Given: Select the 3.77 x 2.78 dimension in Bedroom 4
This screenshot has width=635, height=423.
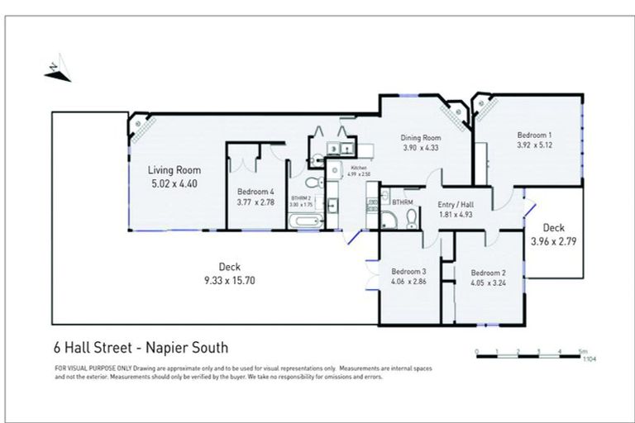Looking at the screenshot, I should pyautogui.click(x=255, y=202).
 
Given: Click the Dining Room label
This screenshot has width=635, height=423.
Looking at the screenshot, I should pyautogui.click(x=422, y=138).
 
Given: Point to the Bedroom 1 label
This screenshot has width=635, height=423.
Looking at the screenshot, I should pyautogui.click(x=534, y=135).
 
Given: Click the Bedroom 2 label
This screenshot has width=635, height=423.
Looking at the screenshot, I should pyautogui.click(x=488, y=273).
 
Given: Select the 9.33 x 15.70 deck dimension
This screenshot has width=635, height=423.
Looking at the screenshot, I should pyautogui.click(x=228, y=279).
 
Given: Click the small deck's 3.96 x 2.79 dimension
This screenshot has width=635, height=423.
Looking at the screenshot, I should pyautogui.click(x=553, y=241).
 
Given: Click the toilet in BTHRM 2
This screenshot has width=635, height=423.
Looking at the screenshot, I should pyautogui.click(x=311, y=182).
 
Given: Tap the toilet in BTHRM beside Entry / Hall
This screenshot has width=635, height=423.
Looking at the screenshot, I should pyautogui.click(x=411, y=219).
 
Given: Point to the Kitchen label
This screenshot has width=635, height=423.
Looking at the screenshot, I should pyautogui.click(x=357, y=168).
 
